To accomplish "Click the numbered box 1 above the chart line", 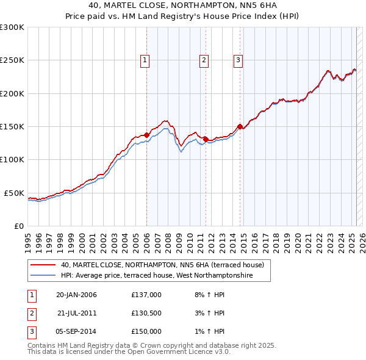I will point(145,60).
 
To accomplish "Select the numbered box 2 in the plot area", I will point(204,60).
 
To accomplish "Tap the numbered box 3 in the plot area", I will point(238,60).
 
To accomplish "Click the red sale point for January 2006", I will point(147,135).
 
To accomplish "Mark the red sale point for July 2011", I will point(206,139).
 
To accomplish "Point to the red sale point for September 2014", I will point(240,126).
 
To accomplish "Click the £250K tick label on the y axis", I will point(12,60).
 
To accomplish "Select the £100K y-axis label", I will point(12,159).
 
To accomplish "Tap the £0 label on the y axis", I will point(19,226).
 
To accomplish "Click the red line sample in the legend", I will point(43,265).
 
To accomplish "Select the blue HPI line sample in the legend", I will point(43,276).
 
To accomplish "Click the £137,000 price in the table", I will point(146,295).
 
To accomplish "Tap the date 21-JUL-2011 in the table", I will point(77,313).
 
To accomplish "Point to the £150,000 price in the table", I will point(146,331).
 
